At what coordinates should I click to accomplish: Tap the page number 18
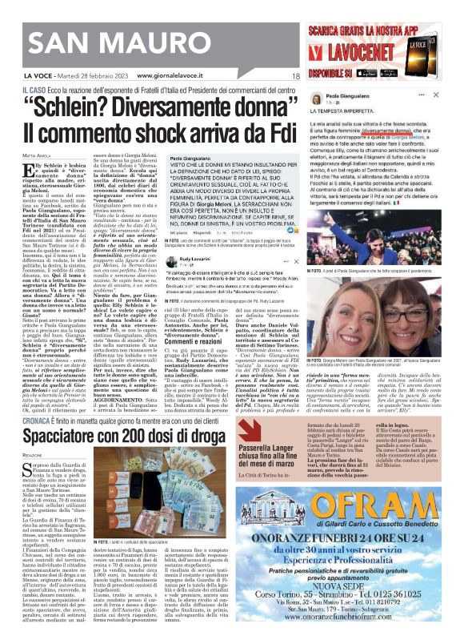295,75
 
